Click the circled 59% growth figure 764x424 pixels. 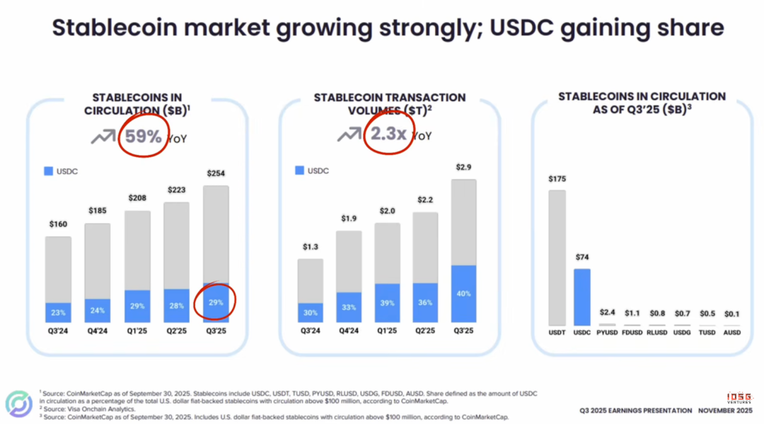[144, 136]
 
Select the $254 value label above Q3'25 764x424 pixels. [216, 173]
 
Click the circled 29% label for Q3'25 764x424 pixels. [216, 302]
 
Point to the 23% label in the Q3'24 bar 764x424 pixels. [58, 313]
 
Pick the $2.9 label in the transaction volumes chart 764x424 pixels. [463, 167]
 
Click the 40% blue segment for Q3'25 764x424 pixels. [463, 294]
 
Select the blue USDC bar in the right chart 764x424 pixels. [581, 297]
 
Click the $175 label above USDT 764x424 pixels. [557, 179]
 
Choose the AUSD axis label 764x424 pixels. [732, 332]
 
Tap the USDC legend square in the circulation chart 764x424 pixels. [48, 171]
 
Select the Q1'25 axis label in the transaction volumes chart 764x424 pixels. [387, 331]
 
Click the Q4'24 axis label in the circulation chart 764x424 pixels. [98, 331]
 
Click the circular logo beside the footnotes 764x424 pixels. [19, 403]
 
